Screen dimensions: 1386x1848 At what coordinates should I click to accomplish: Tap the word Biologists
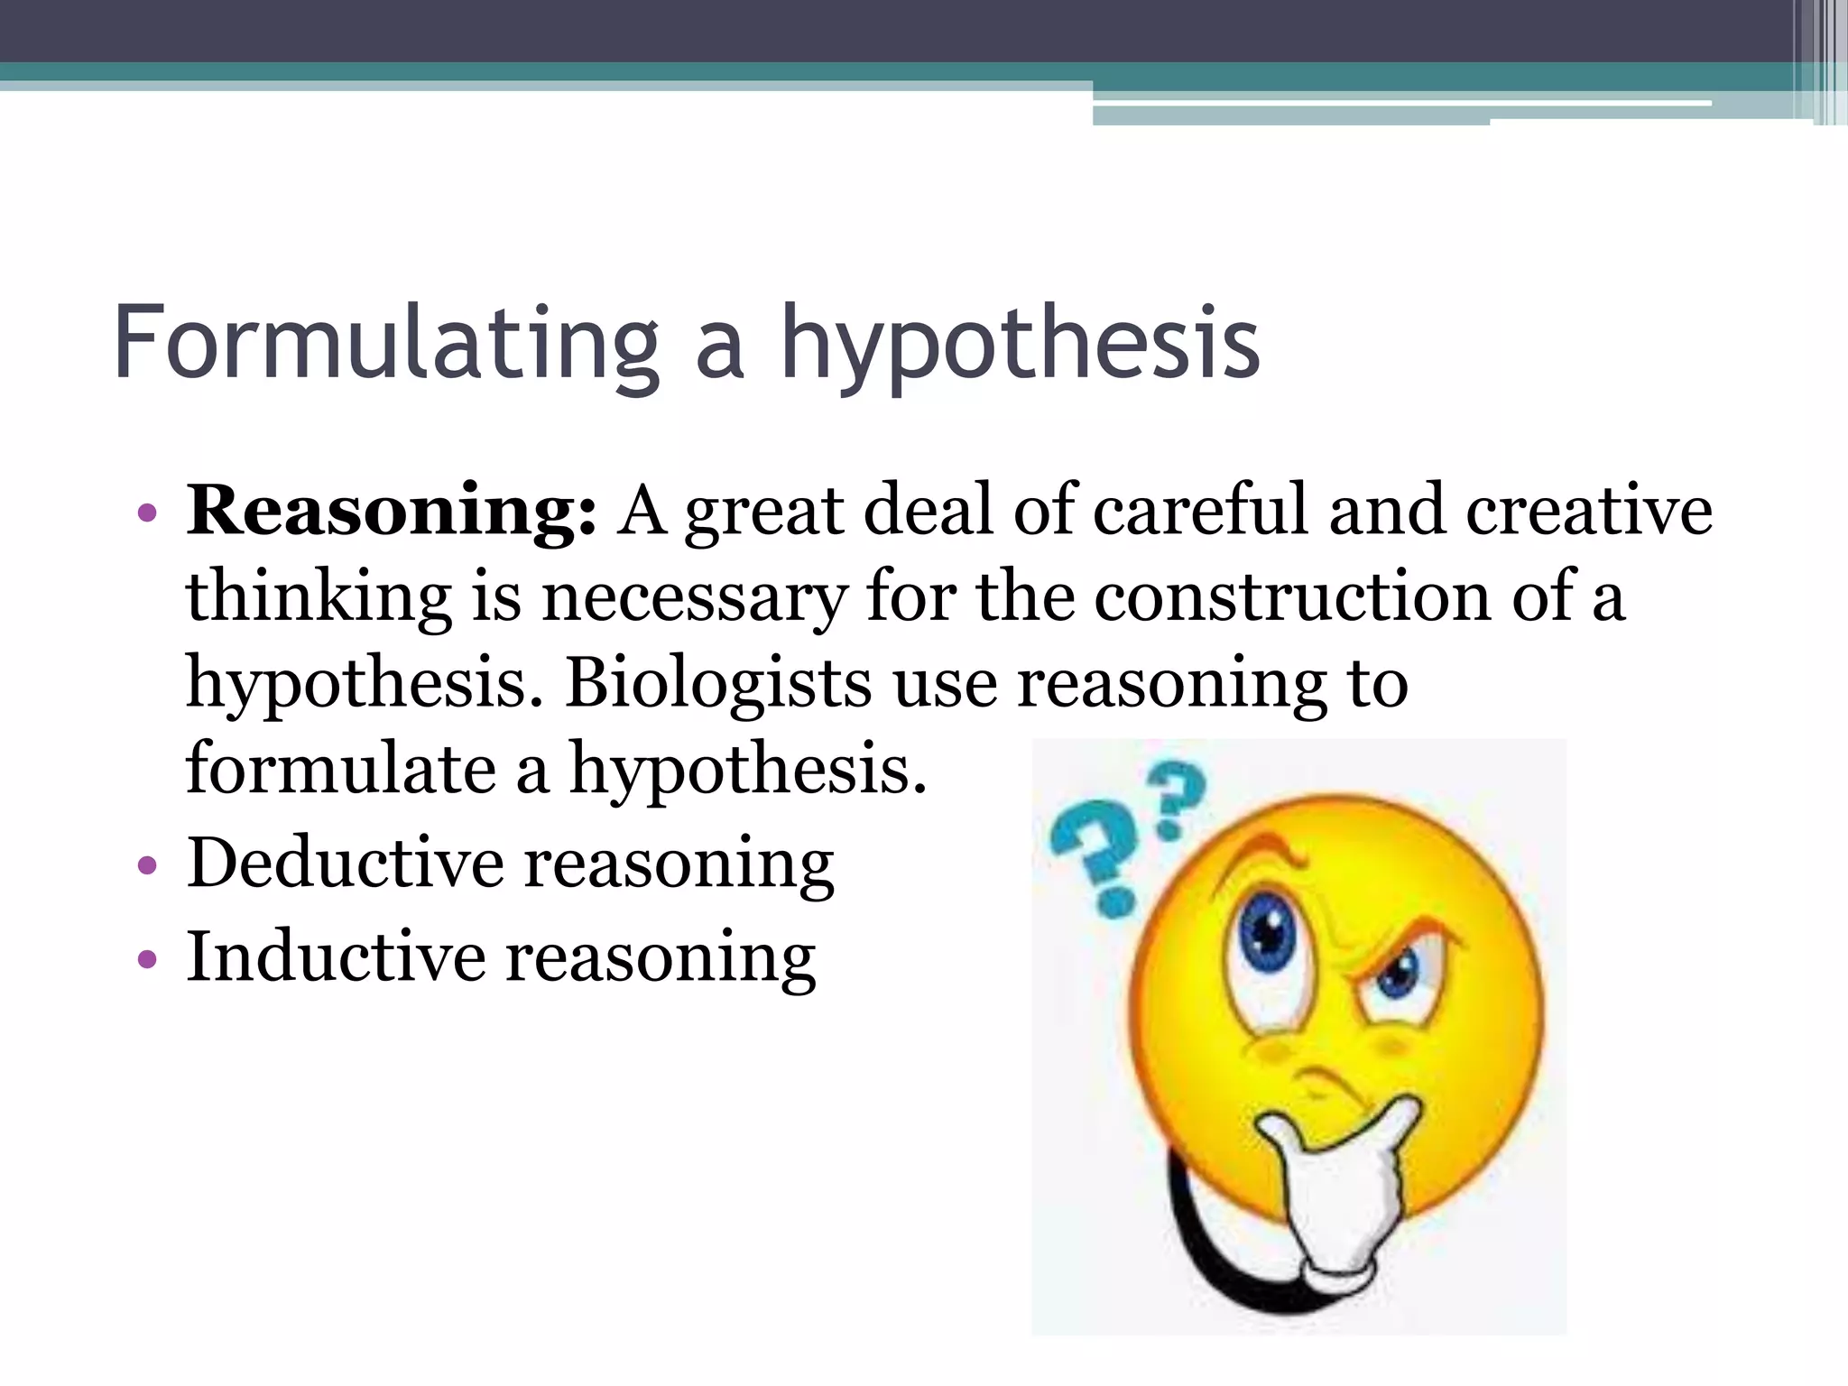[x=718, y=683]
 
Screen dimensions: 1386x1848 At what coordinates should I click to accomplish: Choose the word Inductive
[x=336, y=956]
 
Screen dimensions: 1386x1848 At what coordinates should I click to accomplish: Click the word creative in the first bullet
[x=1588, y=510]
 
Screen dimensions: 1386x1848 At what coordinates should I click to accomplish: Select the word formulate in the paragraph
[x=340, y=768]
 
